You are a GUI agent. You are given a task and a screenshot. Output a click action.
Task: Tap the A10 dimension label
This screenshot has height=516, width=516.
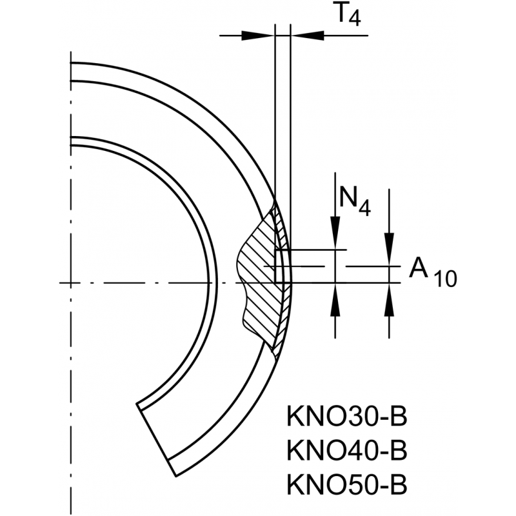click(432, 272)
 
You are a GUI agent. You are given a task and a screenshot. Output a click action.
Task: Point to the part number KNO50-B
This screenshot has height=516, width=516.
click(346, 482)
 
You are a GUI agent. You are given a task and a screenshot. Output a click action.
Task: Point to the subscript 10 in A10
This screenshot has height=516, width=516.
click(444, 279)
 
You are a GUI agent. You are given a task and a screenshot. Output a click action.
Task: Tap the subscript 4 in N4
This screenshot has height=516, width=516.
click(364, 208)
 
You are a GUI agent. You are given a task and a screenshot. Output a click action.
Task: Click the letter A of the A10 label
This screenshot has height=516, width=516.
click(419, 268)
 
